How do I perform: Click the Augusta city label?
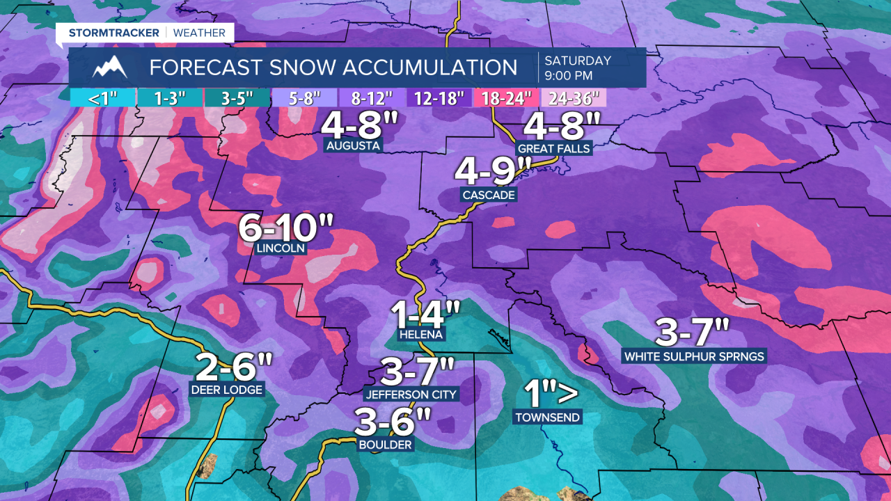(353, 146)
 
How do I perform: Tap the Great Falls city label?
(553, 148)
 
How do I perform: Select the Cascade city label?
(489, 195)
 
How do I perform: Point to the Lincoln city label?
(281, 248)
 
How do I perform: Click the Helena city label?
(421, 335)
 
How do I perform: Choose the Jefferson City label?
(411, 395)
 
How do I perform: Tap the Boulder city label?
(385, 445)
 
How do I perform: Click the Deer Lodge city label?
(227, 390)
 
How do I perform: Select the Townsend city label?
(547, 417)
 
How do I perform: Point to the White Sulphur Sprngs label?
(694, 356)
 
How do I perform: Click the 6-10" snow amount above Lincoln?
(286, 228)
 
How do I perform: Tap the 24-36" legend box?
(574, 97)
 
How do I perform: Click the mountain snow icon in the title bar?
(110, 67)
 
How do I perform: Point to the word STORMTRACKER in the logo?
(114, 33)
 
